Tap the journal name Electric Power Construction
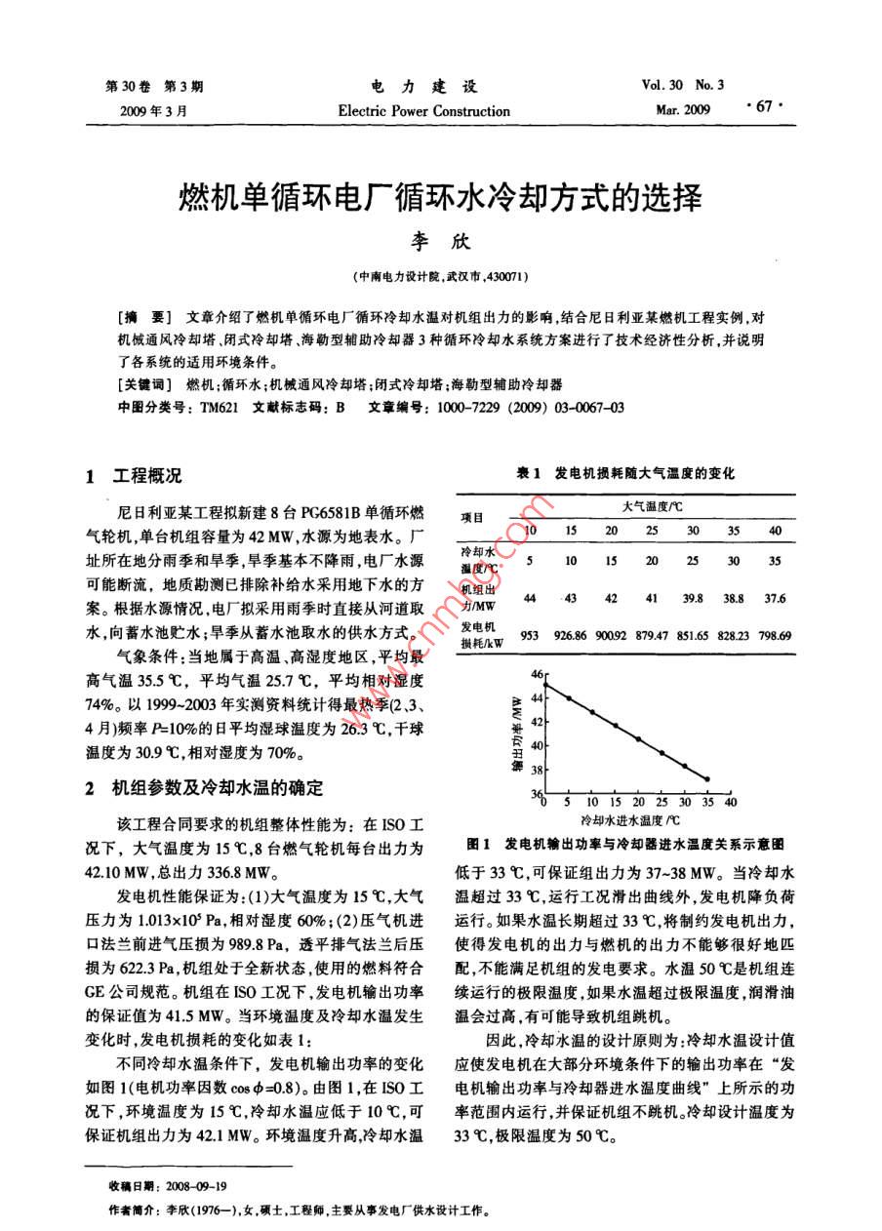pyautogui.click(x=423, y=111)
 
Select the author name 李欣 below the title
pyautogui.click(x=441, y=240)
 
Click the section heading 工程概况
pyautogui.click(x=147, y=477)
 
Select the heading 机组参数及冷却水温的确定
pyautogui.click(x=217, y=787)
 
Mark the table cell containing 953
pyautogui.click(x=530, y=635)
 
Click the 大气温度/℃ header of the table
pyautogui.click(x=652, y=507)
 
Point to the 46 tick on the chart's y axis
pyautogui.click(x=534, y=675)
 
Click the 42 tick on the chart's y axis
pyautogui.click(x=534, y=723)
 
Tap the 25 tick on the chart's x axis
pyautogui.click(x=661, y=802)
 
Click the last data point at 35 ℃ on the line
pyautogui.click(x=707, y=779)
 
